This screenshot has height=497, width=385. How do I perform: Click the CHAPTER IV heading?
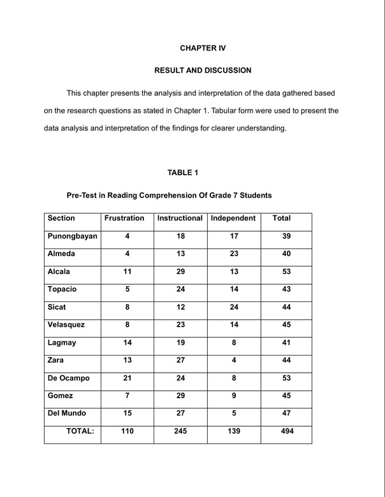[203, 48]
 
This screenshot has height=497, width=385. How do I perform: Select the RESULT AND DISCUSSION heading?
[203, 70]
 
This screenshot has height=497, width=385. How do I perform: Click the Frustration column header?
[124, 218]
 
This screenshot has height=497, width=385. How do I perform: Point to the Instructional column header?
[180, 218]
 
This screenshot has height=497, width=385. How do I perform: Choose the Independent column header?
[233, 218]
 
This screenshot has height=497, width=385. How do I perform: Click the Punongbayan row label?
[73, 236]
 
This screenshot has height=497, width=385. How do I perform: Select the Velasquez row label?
[66, 324]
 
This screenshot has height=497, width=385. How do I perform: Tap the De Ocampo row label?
[69, 378]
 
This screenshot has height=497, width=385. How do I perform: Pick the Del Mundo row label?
[67, 413]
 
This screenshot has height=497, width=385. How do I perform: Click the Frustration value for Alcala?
[127, 271]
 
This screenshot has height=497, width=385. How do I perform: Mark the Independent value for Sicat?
[234, 306]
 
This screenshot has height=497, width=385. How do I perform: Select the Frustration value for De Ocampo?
[127, 378]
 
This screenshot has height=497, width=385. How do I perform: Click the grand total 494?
[286, 431]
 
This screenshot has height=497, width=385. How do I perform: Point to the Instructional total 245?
[180, 431]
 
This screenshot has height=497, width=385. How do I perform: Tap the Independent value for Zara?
[234, 360]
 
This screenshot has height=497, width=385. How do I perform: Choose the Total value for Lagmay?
[286, 342]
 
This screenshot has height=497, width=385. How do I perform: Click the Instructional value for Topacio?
[180, 289]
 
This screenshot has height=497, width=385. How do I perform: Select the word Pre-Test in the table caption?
[82, 195]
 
